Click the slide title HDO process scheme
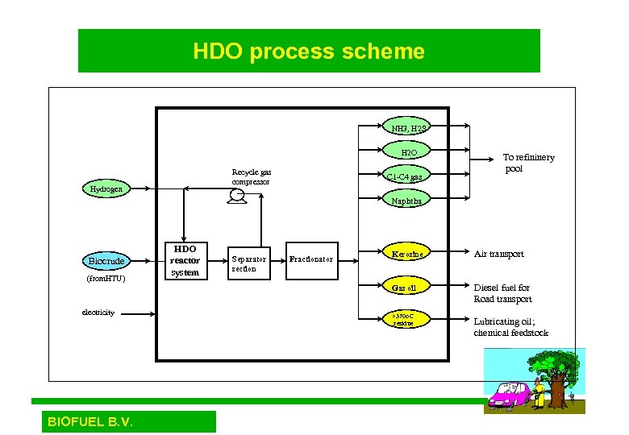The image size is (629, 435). coord(309,52)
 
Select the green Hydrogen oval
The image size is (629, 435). coord(106,189)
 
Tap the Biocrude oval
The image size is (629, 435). coord(106,261)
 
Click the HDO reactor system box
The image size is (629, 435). coord(184,261)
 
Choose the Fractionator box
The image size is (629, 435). coord(311,259)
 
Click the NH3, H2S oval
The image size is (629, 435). coord(409,128)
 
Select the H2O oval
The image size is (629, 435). coord(409,152)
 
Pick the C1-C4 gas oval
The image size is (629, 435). coord(405,176)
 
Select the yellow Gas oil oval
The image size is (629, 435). coord(405,287)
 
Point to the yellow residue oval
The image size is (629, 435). coord(405,319)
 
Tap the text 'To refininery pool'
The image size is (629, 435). coord(528,164)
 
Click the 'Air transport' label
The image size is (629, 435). coord(498,254)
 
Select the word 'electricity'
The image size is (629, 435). coord(98,312)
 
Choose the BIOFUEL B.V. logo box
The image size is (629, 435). coord(124,421)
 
